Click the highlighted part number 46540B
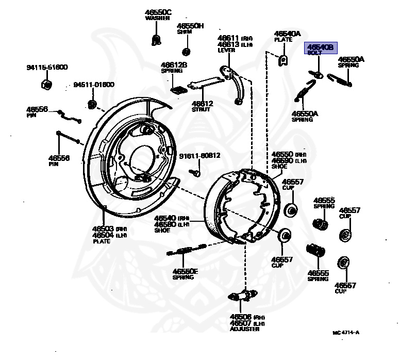320,47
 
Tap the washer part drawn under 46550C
155,38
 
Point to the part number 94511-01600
93,85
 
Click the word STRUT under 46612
202,109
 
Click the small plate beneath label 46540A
282,60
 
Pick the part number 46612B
174,65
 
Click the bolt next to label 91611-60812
196,173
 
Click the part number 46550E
185,271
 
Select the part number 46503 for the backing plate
103,228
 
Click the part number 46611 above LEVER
228,38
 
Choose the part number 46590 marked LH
282,160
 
